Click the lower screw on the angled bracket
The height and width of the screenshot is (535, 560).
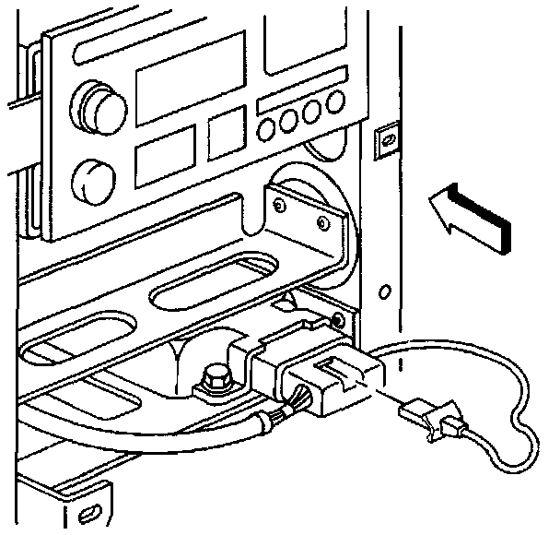tap(320, 222)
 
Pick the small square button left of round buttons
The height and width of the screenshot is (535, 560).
tap(227, 133)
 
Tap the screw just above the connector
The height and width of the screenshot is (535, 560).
tap(340, 319)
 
